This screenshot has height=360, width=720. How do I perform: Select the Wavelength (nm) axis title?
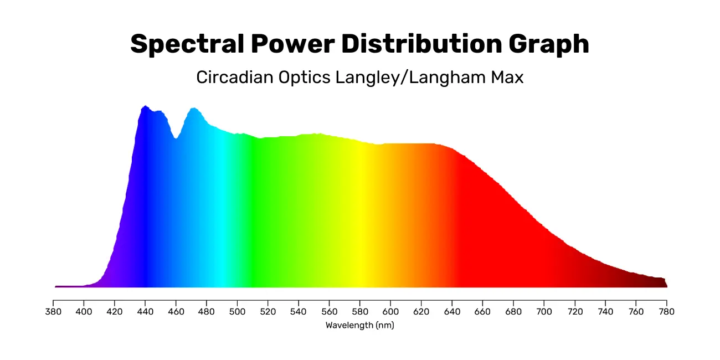[359, 326]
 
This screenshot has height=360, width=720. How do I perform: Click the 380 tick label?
[53, 312]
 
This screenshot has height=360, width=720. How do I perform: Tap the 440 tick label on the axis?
[145, 312]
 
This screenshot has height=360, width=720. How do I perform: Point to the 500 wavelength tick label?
[237, 312]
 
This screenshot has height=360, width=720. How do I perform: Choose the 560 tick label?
[329, 312]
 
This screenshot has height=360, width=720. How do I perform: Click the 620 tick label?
[421, 312]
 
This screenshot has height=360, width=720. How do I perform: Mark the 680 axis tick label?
[513, 312]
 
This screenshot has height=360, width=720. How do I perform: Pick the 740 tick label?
[605, 312]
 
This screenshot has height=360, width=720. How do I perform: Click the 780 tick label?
[666, 312]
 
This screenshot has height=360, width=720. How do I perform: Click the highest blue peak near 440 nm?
[145, 106]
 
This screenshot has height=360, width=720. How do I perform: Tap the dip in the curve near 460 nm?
[176, 138]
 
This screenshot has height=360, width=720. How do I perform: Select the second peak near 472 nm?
[194, 109]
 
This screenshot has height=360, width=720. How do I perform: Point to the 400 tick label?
[84, 312]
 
